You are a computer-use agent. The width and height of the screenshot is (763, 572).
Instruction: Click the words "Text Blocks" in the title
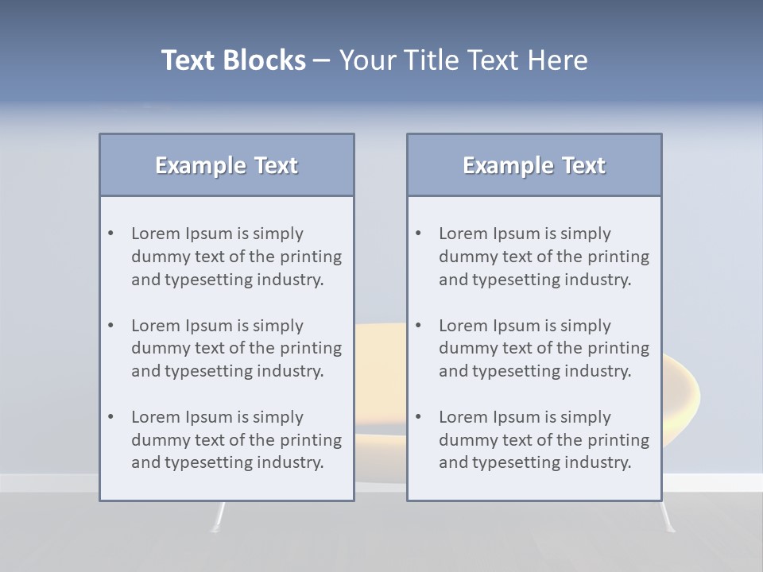point(233,60)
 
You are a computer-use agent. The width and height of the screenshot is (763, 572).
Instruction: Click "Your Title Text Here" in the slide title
point(463,60)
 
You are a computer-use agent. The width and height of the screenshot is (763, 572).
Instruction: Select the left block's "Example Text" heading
point(227,165)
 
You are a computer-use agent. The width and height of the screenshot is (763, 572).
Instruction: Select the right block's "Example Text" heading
point(534,165)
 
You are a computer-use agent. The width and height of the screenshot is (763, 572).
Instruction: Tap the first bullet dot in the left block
point(110,234)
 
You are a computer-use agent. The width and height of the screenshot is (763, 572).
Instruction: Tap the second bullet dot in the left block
point(110,326)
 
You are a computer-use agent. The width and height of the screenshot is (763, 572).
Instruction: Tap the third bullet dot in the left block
point(110,417)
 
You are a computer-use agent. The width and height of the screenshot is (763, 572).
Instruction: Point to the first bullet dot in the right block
point(418,234)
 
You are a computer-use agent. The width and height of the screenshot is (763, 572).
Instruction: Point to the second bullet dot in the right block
point(418,326)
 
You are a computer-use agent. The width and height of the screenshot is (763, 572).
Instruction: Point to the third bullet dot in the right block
point(418,417)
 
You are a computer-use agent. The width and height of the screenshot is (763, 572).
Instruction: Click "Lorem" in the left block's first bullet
point(156,234)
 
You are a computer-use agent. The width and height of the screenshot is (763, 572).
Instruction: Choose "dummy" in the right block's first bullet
point(466,257)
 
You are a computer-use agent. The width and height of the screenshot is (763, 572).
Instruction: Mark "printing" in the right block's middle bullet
point(621,348)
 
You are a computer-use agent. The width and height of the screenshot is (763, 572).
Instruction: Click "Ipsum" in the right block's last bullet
point(517,417)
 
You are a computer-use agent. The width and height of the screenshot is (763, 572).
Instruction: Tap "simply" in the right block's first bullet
point(585,234)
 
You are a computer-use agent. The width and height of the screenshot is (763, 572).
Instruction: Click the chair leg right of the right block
point(668,517)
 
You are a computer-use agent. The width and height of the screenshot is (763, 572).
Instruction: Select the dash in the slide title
point(322,60)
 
